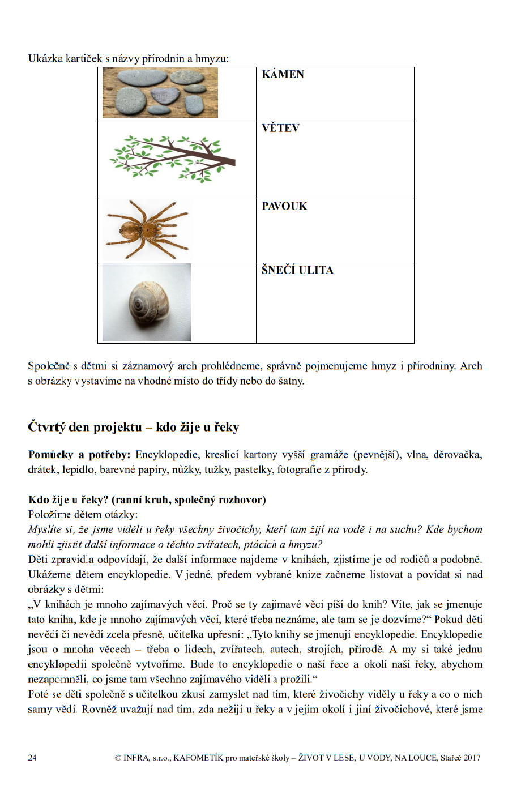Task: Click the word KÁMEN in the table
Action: click(x=283, y=74)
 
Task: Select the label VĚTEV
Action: click(x=280, y=128)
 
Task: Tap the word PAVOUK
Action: click(x=284, y=206)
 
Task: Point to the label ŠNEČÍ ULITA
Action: click(x=297, y=270)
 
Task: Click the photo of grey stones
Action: click(x=160, y=92)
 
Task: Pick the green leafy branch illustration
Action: click(x=172, y=159)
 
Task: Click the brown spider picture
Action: click(x=148, y=230)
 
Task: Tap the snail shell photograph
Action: click(x=147, y=303)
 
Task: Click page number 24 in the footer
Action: click(x=32, y=758)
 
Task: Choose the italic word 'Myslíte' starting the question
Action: click(x=45, y=529)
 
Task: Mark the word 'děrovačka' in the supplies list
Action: click(x=458, y=455)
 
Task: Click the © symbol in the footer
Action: click(x=118, y=758)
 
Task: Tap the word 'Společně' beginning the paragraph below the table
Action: click(x=49, y=366)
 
